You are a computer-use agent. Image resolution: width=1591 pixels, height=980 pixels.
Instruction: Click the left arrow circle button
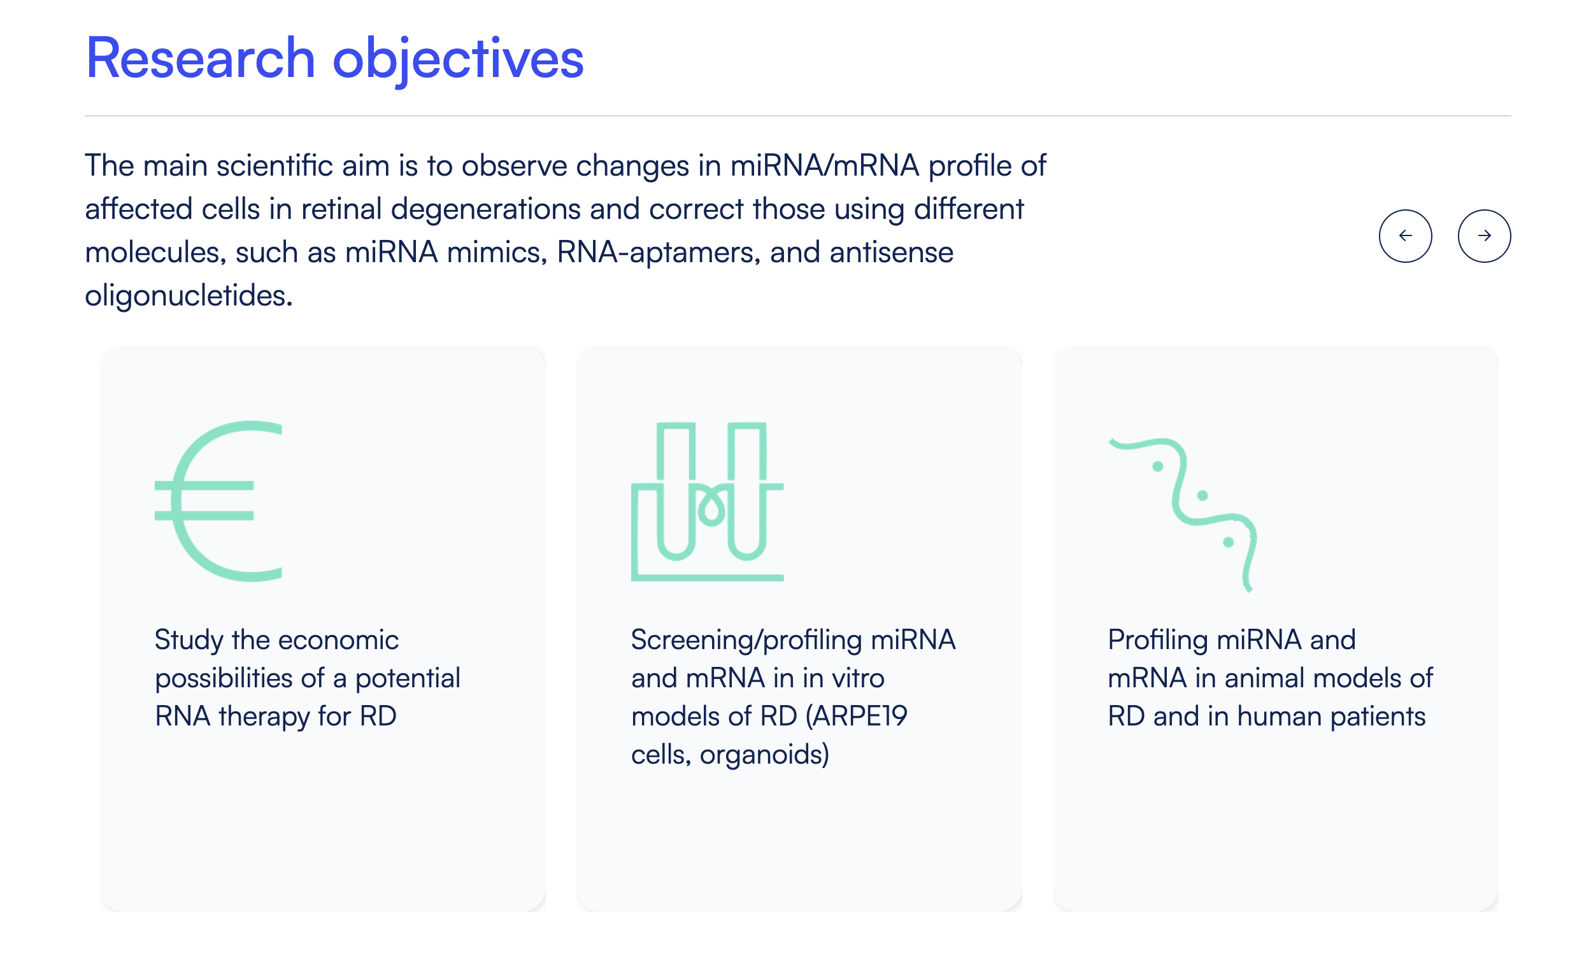(1405, 236)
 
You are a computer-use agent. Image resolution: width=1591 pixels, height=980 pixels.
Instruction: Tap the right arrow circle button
(1484, 236)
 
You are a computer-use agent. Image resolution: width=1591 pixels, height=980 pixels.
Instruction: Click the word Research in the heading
(201, 59)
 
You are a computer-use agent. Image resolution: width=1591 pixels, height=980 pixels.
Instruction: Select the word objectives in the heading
(458, 60)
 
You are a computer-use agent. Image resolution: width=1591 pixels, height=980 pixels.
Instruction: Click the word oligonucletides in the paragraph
(189, 296)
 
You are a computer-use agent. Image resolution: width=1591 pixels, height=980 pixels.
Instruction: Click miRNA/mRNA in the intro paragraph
(824, 166)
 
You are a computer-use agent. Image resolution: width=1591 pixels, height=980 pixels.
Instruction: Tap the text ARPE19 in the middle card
(856, 717)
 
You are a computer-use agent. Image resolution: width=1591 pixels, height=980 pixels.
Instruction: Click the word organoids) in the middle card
(765, 755)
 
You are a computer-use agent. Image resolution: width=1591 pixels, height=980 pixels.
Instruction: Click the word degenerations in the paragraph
(486, 210)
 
